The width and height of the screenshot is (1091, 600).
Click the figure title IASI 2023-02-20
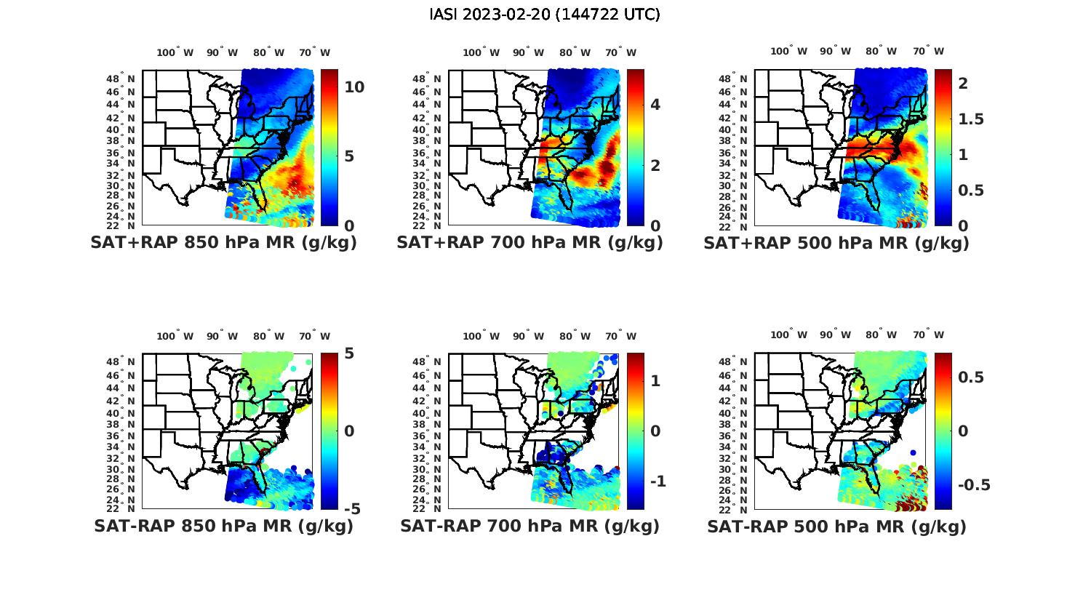coord(545,15)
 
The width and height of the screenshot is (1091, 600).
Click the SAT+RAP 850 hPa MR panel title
coord(223,243)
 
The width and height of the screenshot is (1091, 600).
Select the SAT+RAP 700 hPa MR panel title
coord(529,243)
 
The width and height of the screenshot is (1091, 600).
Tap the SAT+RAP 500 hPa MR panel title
coord(836,243)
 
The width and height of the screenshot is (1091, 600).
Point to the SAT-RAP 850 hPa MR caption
coord(223,526)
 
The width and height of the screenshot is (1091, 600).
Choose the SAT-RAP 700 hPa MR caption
coord(529,526)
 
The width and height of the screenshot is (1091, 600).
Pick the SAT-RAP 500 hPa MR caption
coord(836,527)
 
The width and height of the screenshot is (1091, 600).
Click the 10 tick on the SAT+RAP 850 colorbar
coord(354,87)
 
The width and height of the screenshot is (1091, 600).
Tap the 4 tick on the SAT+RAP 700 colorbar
coord(655,105)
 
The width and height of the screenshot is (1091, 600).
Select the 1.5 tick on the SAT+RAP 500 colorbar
coord(970,119)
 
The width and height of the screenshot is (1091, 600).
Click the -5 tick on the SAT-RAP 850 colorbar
coord(353,509)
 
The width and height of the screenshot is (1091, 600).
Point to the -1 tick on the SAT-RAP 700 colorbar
coord(658,481)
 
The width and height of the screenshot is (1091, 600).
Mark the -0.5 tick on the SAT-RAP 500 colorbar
coord(972,485)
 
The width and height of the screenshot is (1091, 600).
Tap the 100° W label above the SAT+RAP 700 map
coord(481,52)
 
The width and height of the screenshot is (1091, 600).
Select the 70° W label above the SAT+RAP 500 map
coord(928,51)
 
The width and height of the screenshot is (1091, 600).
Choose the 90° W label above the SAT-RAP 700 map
coord(529,336)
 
